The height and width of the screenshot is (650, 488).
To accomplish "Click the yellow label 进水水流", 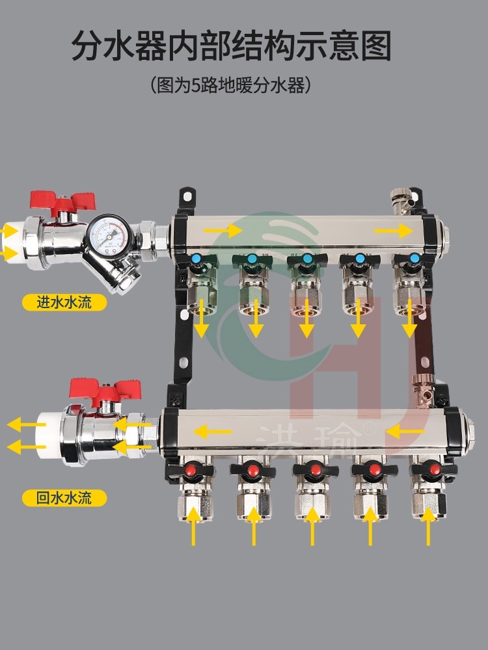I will pos(64,302).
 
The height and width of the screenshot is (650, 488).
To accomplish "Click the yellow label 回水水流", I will pos(64,499).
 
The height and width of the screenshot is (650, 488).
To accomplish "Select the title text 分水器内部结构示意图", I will pos(232,46).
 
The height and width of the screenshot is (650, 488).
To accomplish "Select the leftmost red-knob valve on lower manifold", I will pos(192,469).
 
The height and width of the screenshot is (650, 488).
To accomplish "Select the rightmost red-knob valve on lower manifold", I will pos(430,469).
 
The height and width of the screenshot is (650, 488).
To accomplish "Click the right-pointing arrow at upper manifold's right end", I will pos(393,231).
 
